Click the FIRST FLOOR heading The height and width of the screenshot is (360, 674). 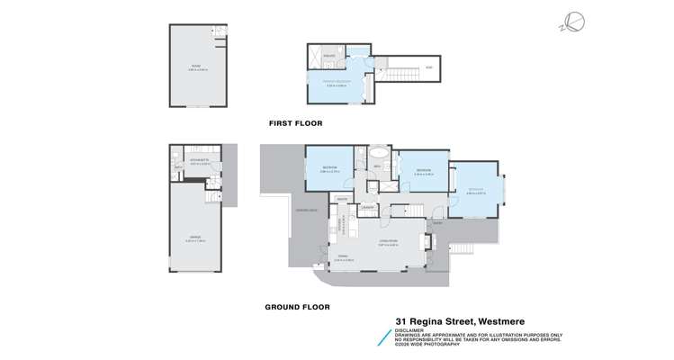pyautogui.click(x=295, y=123)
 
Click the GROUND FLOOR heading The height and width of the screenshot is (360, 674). pyautogui.click(x=297, y=307)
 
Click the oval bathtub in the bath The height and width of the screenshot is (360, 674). pyautogui.click(x=379, y=152)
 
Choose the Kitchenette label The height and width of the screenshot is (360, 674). pyautogui.click(x=200, y=159)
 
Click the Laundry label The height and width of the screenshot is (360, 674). pyautogui.click(x=368, y=208)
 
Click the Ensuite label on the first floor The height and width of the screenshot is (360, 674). pyautogui.click(x=329, y=56)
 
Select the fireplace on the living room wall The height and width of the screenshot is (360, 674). pyautogui.click(x=428, y=241)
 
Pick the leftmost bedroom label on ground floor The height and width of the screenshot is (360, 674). pyautogui.click(x=329, y=167)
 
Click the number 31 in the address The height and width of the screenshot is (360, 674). pyautogui.click(x=402, y=319)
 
